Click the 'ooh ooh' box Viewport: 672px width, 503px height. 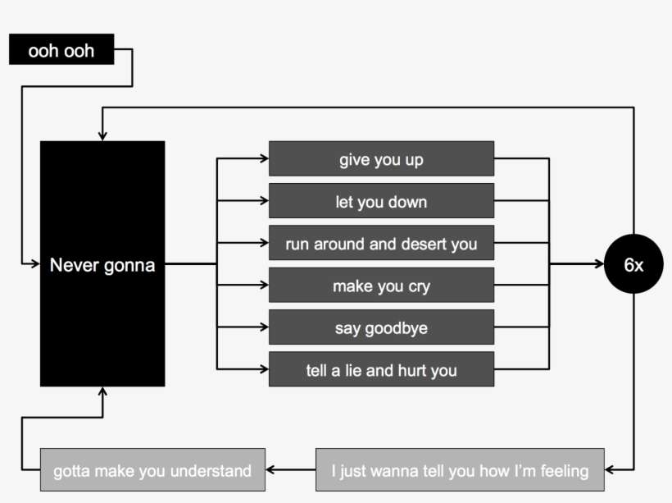click(x=61, y=50)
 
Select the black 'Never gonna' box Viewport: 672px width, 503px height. click(x=102, y=263)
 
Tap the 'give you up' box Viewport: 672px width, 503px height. click(x=381, y=158)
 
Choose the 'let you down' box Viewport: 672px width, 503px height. click(x=381, y=201)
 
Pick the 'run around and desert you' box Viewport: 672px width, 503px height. click(x=381, y=244)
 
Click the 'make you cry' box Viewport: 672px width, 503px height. click(x=381, y=286)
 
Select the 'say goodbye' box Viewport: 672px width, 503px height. click(x=381, y=327)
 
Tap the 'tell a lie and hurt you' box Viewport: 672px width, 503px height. click(x=381, y=370)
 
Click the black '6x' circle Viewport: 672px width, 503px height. click(x=633, y=264)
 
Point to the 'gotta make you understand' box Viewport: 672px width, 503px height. click(x=152, y=470)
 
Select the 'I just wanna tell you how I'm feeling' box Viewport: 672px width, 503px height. click(x=460, y=470)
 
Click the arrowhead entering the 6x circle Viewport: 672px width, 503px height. click(x=599, y=264)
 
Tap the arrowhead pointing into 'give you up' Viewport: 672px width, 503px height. click(x=263, y=158)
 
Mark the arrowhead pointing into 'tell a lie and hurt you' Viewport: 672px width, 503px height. click(x=263, y=370)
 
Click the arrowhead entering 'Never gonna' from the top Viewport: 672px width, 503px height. click(x=102, y=135)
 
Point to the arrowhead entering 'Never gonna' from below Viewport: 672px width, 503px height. click(x=102, y=391)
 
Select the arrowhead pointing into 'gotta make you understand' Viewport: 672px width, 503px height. click(x=271, y=470)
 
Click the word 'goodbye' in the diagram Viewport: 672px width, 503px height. click(x=397, y=328)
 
